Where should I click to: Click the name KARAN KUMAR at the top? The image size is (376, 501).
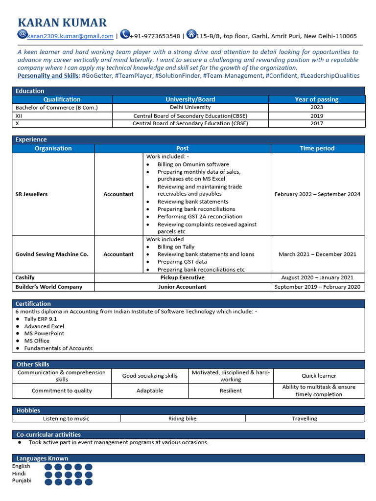click(x=62, y=23)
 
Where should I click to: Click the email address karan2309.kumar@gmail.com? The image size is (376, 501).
click(x=70, y=36)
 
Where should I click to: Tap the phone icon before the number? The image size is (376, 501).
click(x=125, y=34)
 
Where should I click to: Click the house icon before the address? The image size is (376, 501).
click(x=191, y=34)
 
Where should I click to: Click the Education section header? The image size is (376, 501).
click(x=30, y=91)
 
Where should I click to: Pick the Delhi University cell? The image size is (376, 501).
click(x=190, y=107)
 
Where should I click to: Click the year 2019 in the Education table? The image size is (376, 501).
click(x=317, y=115)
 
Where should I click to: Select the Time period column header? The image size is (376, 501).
click(x=317, y=148)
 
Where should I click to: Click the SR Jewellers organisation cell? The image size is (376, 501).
click(x=32, y=194)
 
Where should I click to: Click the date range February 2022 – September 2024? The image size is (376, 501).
click(x=317, y=194)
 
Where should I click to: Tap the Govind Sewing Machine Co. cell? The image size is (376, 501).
click(x=52, y=254)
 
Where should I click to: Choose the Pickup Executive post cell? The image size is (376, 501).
click(x=182, y=277)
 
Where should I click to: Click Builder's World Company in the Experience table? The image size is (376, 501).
click(x=49, y=287)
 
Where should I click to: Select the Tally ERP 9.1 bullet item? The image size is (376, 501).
click(x=41, y=319)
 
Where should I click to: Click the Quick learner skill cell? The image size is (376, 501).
click(x=319, y=376)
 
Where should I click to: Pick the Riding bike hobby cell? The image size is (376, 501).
click(x=182, y=418)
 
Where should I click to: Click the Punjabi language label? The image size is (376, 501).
click(x=22, y=480)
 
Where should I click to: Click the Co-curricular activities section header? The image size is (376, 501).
click(x=48, y=434)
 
